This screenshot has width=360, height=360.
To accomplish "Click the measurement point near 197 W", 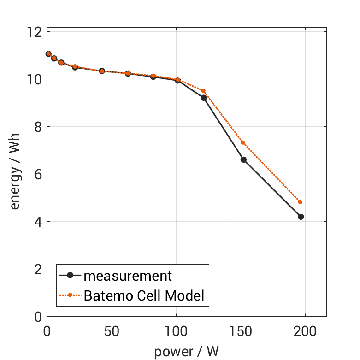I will (x=301, y=217).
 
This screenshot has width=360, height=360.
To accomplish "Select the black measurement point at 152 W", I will (x=243, y=159).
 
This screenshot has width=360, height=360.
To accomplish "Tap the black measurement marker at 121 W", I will (x=203, y=98).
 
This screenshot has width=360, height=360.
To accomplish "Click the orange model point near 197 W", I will (x=300, y=202).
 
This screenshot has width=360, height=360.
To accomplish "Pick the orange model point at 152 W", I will (x=242, y=142).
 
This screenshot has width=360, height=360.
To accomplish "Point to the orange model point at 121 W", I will (x=203, y=91).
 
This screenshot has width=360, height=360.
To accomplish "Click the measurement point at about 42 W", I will (x=102, y=71).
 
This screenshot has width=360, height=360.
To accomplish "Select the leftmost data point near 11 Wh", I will (x=48, y=54).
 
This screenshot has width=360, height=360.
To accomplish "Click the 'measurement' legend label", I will (x=128, y=276).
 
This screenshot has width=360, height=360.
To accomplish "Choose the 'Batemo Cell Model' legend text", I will (x=144, y=295).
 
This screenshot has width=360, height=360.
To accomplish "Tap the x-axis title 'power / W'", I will (x=186, y=352).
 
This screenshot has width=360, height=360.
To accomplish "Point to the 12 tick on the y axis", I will (x=37, y=32).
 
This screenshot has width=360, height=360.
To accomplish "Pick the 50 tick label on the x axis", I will (x=111, y=331).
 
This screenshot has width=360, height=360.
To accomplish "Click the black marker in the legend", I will (x=70, y=276).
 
